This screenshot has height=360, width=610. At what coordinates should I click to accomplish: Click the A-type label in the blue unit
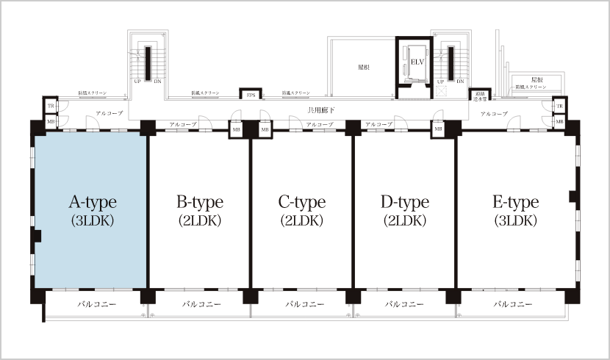coord(92,202)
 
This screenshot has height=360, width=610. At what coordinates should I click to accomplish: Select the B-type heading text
coord(199,202)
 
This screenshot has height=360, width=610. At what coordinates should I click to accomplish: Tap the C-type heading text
coord(302,202)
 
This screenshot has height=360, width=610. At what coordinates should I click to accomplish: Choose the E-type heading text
coord(515,202)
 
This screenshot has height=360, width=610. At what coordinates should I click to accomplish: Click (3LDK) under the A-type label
coord(92,220)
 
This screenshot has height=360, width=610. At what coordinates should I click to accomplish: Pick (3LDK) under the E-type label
coord(515,220)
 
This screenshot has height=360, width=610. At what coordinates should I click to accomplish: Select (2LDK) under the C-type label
coord(302,220)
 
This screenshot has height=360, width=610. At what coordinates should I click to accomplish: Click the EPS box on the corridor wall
coord(251,95)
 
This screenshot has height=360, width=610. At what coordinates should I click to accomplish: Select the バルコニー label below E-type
coord(512,303)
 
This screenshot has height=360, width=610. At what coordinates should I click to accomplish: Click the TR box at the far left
coord(51,107)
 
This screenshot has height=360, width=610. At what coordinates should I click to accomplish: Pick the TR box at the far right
coord(559,107)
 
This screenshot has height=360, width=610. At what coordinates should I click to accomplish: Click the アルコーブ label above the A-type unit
coord(109,114)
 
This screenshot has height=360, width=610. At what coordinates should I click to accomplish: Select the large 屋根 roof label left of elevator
coord(363,67)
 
